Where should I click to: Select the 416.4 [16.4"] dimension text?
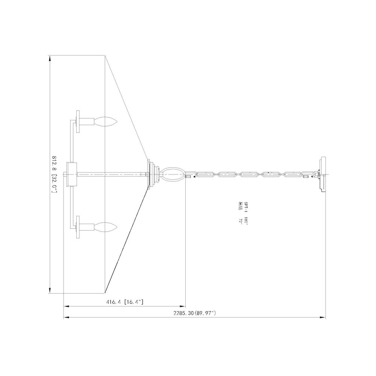pos(124,302)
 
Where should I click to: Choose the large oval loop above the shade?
pos(173,174)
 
